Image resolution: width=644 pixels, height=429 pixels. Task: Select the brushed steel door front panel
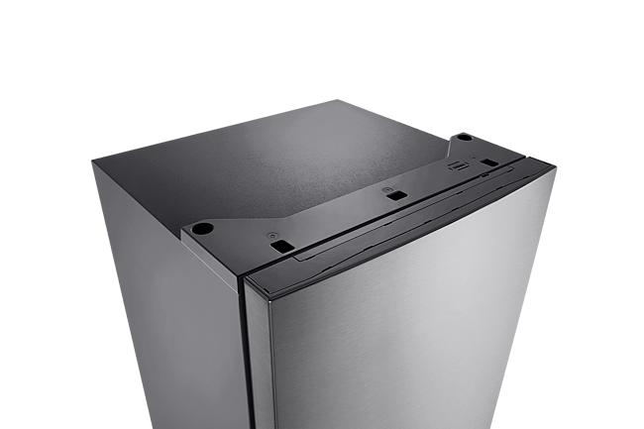click(416, 337)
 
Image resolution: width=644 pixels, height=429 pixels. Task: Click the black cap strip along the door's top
click(396, 227)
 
